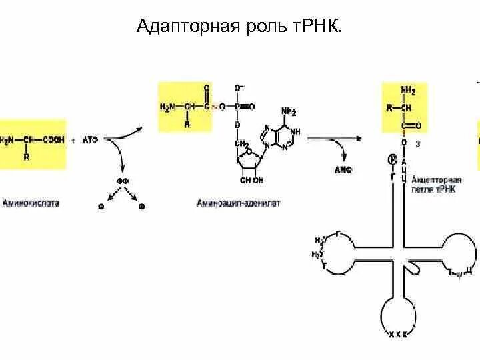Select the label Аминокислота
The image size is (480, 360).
tap(31, 202)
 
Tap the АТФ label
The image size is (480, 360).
tap(91, 139)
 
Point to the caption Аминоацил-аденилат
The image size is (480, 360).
tap(239, 202)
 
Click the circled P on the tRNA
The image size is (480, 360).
tap(391, 159)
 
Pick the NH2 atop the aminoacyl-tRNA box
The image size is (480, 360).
tap(408, 89)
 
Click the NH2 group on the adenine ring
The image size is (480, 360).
tap(289, 111)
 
